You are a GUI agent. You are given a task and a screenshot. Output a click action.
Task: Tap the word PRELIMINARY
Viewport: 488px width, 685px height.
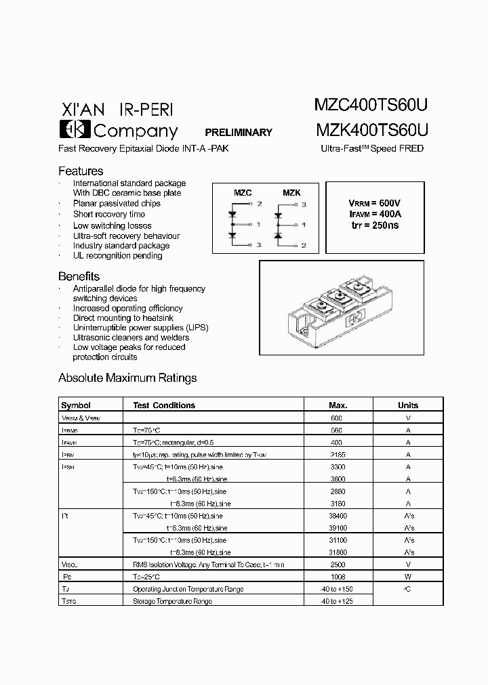239,133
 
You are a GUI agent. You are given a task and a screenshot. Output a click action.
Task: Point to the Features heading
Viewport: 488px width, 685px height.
81,171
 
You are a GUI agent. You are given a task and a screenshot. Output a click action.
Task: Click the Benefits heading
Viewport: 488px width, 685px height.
79,276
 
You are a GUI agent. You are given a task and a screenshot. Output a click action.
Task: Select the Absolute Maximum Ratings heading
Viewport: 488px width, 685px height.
127,378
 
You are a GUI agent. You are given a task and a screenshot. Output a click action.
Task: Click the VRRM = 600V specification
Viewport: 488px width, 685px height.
374,203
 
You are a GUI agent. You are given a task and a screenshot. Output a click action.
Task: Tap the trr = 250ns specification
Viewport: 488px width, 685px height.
374,225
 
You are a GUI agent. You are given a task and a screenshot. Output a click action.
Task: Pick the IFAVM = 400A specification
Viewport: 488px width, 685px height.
374,214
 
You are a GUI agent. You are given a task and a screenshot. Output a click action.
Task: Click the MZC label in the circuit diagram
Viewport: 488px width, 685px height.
242,193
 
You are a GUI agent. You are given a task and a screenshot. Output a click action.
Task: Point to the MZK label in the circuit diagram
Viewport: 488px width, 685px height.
291,193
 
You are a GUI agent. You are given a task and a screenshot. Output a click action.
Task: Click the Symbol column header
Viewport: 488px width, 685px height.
76,405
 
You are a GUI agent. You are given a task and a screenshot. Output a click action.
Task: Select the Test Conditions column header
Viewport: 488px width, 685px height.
164,405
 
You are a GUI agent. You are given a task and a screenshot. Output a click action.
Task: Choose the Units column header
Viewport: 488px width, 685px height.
408,405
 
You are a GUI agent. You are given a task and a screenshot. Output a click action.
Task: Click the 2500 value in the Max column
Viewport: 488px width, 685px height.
337,564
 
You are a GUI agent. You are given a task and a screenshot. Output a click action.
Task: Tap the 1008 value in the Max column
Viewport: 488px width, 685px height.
337,577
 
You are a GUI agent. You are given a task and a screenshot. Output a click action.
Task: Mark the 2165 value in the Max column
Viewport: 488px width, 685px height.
337,455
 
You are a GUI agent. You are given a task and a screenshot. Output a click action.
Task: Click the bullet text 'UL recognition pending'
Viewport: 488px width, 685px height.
118,256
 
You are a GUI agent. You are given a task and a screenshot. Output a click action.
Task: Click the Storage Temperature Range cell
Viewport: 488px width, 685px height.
172,601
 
